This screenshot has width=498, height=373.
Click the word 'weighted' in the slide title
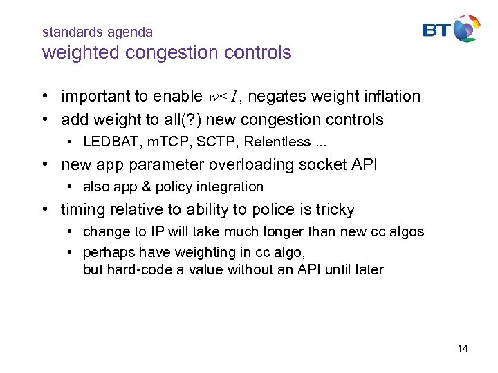tap(74, 52)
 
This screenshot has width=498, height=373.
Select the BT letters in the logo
tap(438, 30)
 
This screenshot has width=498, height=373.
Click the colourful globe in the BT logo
tap(467, 28)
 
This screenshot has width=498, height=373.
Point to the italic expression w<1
tap(223, 97)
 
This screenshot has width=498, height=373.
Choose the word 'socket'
tap(327, 165)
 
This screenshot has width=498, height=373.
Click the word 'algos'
tap(407, 232)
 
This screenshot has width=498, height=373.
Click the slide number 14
tap(463, 348)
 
